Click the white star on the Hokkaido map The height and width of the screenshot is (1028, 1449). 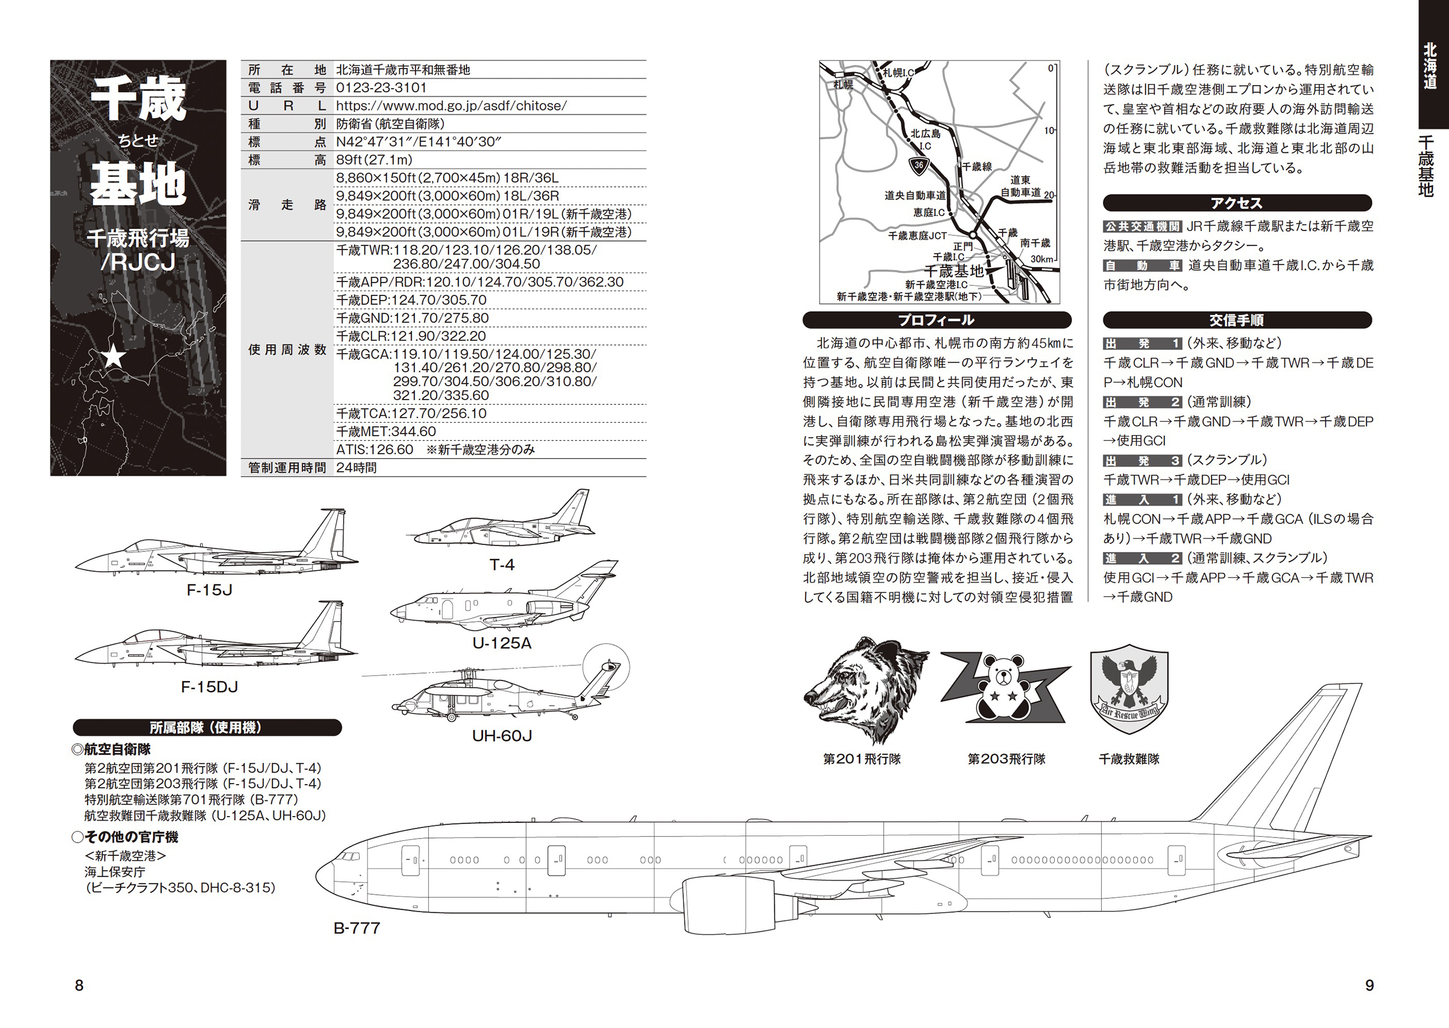click(x=114, y=357)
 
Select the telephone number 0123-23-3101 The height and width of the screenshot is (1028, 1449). click(x=381, y=87)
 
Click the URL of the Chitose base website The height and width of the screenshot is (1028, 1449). click(x=451, y=106)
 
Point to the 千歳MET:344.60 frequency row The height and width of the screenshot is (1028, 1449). click(x=387, y=431)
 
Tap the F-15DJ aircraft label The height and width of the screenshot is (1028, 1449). click(x=209, y=687)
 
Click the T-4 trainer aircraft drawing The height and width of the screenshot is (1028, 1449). click(x=500, y=522)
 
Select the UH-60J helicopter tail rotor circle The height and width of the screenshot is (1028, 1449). click(x=606, y=667)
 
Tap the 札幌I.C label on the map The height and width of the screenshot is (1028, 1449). click(x=898, y=74)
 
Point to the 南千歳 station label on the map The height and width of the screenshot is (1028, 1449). click(x=1035, y=243)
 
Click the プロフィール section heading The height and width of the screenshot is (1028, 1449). click(x=936, y=320)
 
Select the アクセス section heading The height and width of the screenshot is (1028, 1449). click(x=1236, y=203)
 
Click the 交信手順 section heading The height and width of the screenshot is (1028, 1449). click(x=1236, y=320)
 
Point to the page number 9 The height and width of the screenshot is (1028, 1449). click(x=1369, y=986)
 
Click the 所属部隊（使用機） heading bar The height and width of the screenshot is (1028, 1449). click(x=206, y=727)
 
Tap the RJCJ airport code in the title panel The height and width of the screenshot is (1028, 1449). click(x=138, y=262)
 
